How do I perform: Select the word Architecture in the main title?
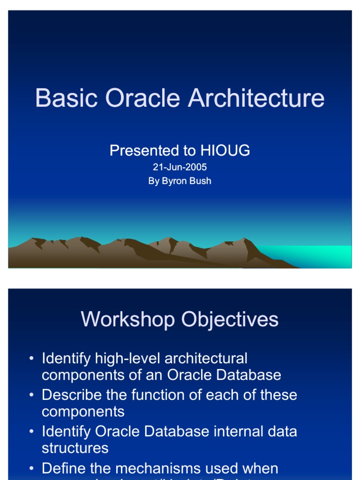coord(256,98)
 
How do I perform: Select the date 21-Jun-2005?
coord(180,167)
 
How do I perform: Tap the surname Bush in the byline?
coord(200,181)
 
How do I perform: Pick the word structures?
coord(75,448)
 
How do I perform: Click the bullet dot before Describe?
coord(31,395)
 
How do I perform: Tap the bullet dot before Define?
coord(31,468)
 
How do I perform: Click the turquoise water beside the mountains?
coord(319,255)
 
